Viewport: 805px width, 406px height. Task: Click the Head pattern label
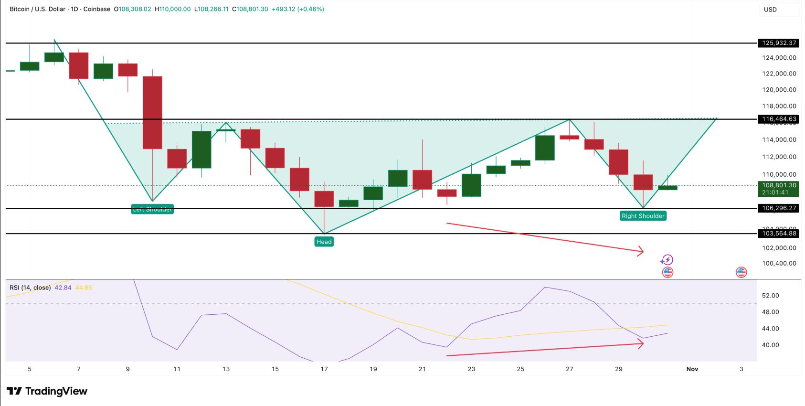324,242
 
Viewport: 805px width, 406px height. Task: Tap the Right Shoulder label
643,216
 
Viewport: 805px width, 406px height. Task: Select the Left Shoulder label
152,209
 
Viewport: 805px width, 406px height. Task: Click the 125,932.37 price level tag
779,43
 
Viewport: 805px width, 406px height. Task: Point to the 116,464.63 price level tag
779,119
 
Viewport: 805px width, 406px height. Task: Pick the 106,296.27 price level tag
779,208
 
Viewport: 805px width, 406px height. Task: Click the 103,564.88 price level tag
779,234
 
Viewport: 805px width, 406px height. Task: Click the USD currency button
770,10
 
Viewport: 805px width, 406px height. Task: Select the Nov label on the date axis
692,369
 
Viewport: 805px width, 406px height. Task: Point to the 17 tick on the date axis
324,369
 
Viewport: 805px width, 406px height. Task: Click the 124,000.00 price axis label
779,58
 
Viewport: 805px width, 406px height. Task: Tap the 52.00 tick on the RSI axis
770,296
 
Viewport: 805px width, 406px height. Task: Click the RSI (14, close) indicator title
30,288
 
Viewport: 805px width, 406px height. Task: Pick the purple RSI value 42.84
63,288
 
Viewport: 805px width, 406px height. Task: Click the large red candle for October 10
152,112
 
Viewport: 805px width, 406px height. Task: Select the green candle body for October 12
201,150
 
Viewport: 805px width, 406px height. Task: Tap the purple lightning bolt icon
667,260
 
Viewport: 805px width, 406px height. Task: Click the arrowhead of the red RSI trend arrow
641,343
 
